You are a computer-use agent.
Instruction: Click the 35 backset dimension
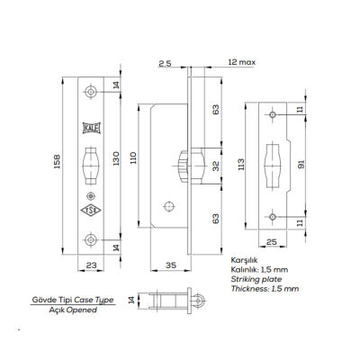(170, 265)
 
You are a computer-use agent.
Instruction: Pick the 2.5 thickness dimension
(164, 64)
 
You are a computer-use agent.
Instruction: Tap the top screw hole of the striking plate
(273, 115)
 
